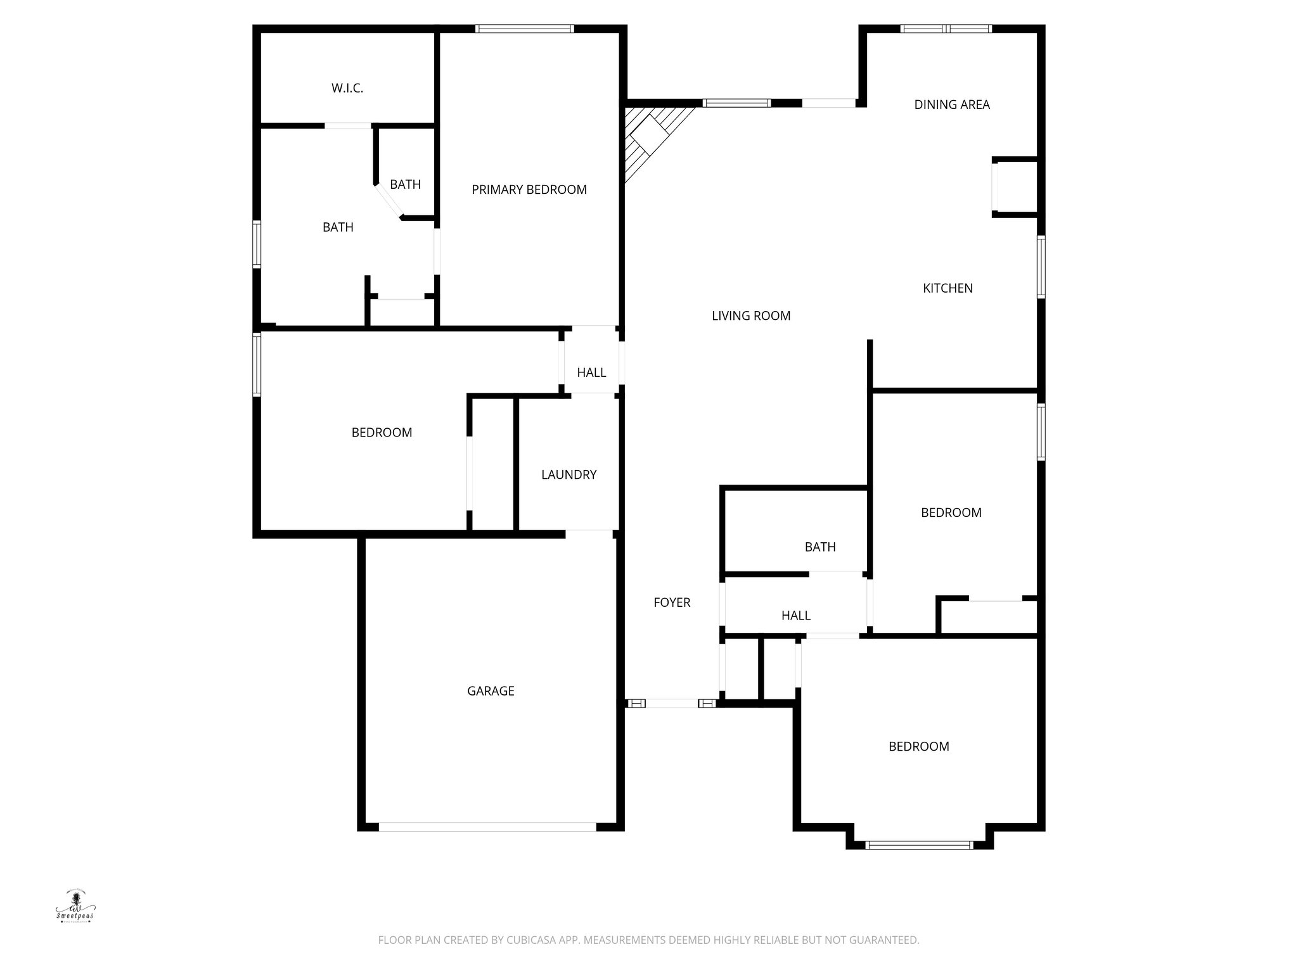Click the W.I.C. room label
347,89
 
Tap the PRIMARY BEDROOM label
529,189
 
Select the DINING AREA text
951,105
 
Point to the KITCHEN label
948,288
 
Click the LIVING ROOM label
751,315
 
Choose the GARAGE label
491,691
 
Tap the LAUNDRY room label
569,474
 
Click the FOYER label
672,602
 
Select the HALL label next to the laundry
591,372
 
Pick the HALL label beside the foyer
795,615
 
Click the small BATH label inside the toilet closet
405,184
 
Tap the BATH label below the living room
820,547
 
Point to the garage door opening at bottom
487,827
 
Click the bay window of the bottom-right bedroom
919,844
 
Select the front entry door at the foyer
672,703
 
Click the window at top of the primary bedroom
525,29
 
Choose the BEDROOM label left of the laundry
382,433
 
